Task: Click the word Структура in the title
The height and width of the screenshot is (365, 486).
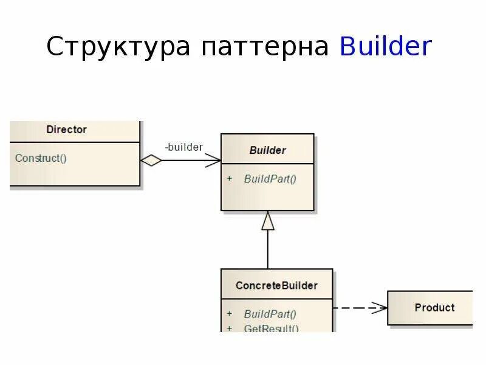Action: (118, 46)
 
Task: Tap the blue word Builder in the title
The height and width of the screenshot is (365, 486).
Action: (386, 46)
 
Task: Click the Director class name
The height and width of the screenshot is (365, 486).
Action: (66, 130)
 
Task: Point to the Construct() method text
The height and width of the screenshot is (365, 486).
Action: (41, 158)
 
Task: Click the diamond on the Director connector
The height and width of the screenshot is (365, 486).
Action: (151, 161)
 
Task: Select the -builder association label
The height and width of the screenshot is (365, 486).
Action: (183, 147)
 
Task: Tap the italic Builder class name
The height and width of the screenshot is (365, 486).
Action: (267, 150)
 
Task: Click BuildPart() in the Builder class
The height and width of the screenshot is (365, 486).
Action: (270, 179)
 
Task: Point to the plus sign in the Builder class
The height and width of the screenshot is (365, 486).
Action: (230, 179)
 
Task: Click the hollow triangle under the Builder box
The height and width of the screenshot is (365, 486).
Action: (268, 221)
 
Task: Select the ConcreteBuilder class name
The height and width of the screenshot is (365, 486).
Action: (276, 285)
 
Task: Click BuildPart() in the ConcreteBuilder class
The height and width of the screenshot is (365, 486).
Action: (270, 314)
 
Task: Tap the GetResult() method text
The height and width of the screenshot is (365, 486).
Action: (271, 328)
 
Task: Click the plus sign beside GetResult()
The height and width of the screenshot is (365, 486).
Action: (230, 328)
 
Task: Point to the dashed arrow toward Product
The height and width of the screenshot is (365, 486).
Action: (360, 308)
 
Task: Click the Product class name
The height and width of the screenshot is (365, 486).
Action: (434, 308)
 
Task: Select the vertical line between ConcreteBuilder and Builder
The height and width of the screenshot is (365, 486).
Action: (268, 249)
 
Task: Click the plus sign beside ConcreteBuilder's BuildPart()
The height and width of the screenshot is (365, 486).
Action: (230, 314)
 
